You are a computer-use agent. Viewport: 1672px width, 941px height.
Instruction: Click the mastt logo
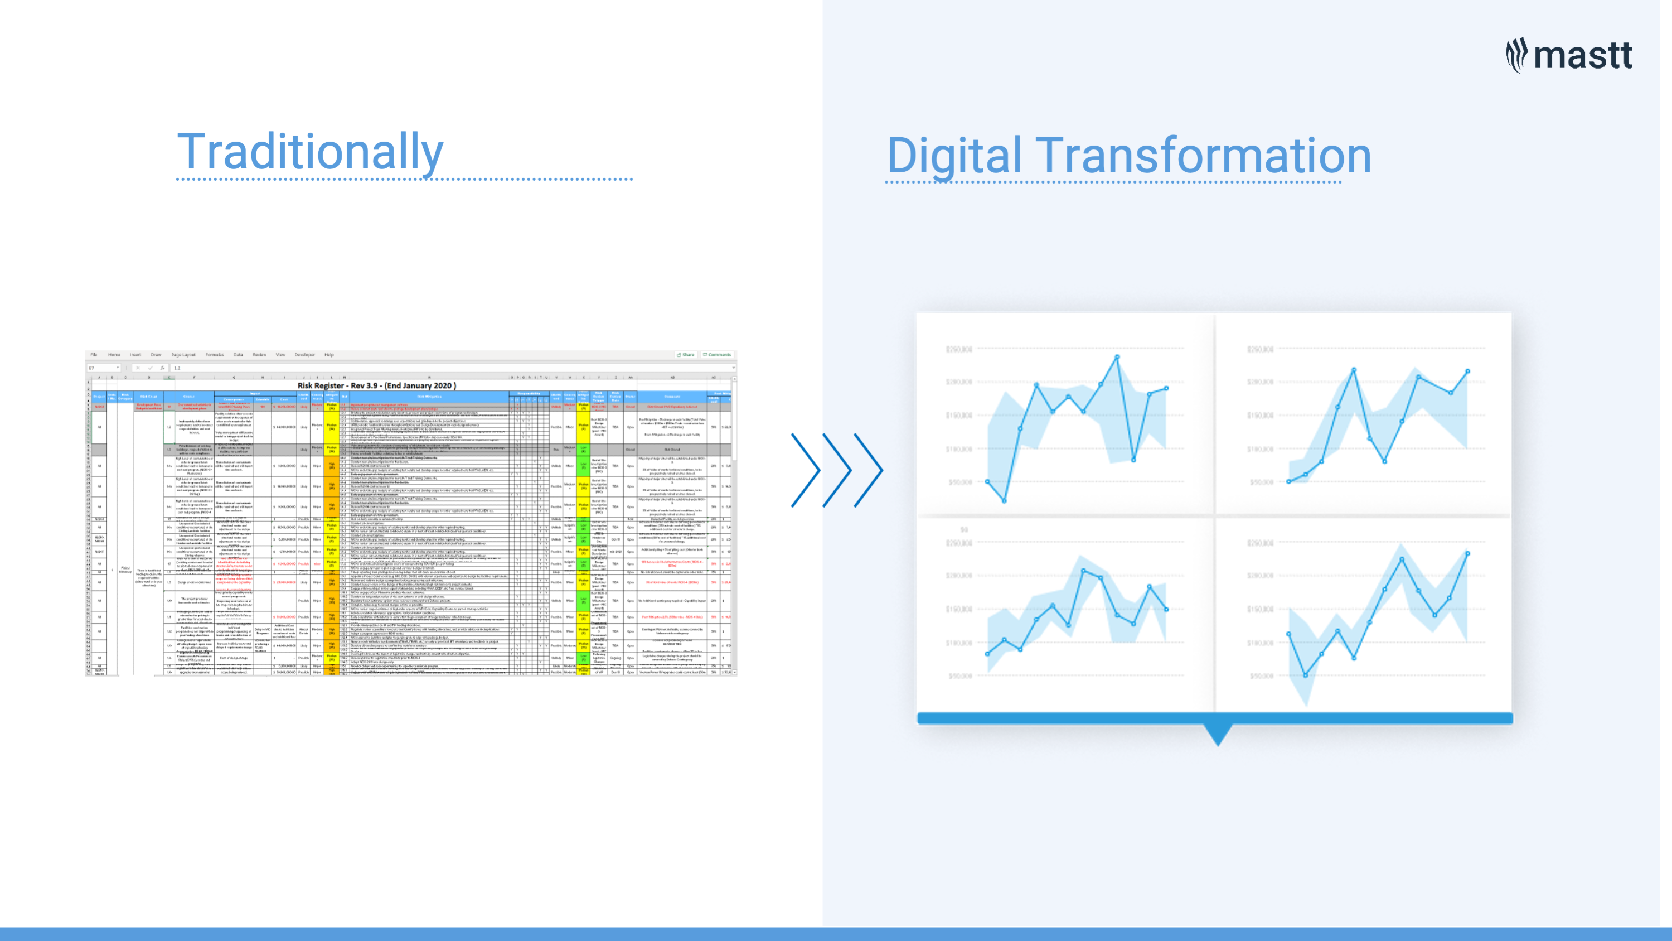pos(1569,55)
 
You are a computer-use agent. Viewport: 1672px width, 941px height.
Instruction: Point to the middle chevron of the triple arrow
pos(838,470)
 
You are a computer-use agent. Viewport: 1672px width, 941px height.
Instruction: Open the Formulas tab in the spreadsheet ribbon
pos(214,355)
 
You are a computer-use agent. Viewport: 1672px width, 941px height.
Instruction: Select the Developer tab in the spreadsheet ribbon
pos(304,355)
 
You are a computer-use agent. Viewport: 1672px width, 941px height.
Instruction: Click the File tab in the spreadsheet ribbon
pos(94,355)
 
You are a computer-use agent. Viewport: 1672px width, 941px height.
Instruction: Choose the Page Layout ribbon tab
pos(183,355)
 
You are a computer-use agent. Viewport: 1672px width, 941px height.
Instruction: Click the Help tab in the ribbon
pos(329,355)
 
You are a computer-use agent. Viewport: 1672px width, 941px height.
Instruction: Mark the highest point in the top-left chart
pos(1117,356)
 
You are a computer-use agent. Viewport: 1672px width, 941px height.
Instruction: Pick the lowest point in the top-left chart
pos(1004,501)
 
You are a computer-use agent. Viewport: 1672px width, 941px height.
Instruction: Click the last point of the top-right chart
pos(1467,371)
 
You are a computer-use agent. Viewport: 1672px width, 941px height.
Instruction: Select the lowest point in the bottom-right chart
pos(1306,675)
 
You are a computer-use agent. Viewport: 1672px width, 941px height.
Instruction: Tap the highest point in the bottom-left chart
pos(1084,570)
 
